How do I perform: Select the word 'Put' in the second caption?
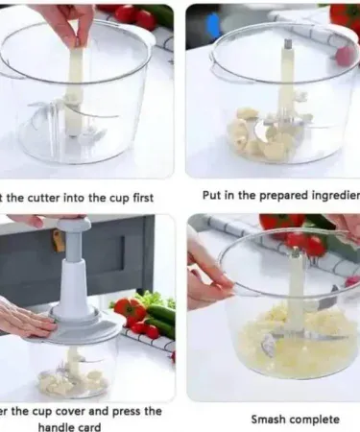[x=213, y=196]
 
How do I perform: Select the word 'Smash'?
[x=269, y=420]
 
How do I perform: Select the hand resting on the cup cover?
[x=24, y=322]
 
